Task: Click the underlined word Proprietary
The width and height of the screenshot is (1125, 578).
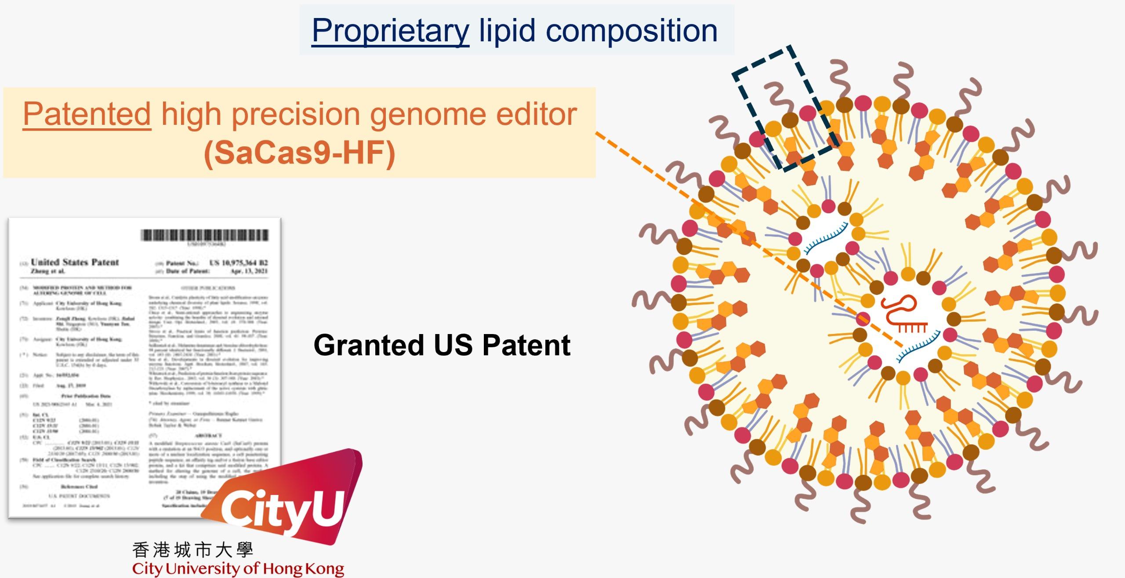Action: (390, 31)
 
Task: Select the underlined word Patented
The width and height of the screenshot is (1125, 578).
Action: (87, 114)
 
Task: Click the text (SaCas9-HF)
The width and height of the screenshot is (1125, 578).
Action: (299, 153)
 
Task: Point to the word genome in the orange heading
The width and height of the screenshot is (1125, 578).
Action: (429, 114)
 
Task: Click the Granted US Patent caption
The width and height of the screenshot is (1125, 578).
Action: (442, 345)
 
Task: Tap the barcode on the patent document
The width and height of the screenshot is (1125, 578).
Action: (204, 236)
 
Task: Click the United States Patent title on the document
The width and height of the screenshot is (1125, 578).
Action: (75, 262)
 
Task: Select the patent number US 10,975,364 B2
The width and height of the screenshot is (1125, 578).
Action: (239, 263)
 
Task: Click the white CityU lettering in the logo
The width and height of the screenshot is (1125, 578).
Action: (281, 509)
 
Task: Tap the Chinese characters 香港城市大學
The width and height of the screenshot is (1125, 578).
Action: (192, 550)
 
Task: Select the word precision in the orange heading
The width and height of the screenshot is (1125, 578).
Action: (295, 114)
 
